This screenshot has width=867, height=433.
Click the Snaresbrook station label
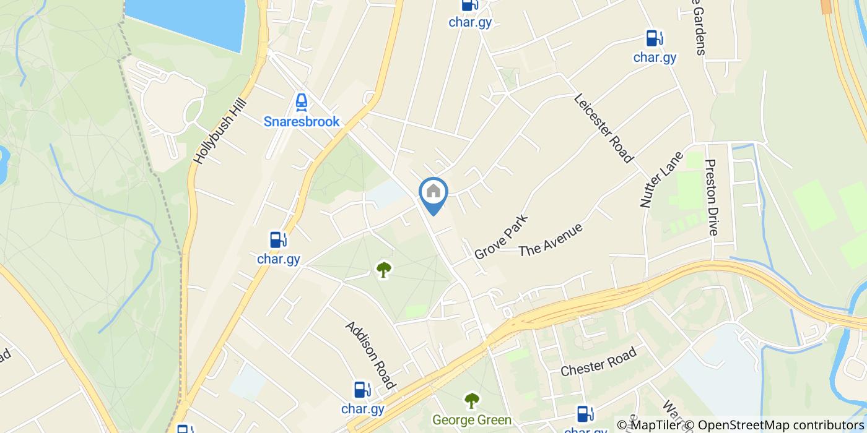(x=302, y=121)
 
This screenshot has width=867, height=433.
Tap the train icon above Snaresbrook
(x=302, y=101)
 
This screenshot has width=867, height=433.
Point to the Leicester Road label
(x=604, y=128)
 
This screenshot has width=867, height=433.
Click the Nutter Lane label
(x=661, y=179)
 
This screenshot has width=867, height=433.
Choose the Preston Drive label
(x=712, y=197)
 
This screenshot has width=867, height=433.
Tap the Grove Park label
(x=501, y=237)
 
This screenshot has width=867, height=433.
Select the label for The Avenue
(x=551, y=239)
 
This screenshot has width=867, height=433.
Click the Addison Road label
(x=370, y=355)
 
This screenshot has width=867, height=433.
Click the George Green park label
(x=472, y=420)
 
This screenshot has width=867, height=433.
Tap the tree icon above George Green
(x=472, y=401)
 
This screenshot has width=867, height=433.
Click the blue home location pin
(x=434, y=193)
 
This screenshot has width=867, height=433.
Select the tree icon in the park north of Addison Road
(x=384, y=270)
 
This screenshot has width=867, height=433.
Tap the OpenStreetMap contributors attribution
(x=782, y=425)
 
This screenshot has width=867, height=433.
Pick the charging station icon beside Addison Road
(x=362, y=390)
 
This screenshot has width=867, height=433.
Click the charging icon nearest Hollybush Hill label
(x=277, y=239)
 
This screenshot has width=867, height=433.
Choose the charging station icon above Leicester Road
(x=653, y=38)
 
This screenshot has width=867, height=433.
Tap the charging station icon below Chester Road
(x=583, y=413)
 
